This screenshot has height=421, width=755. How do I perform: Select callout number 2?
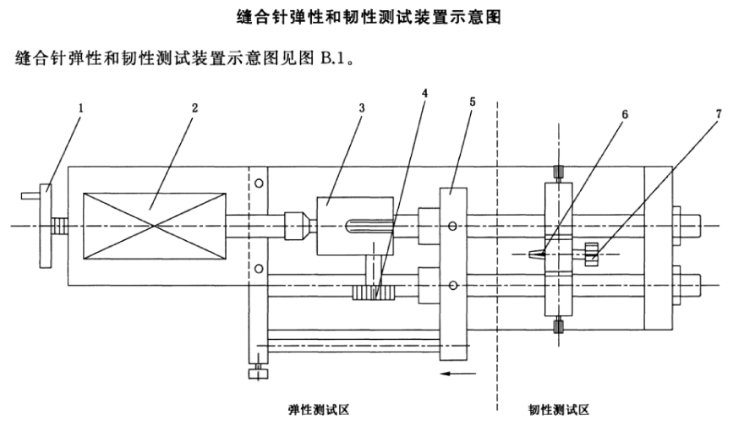pos(194,109)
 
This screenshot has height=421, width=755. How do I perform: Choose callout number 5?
pos(472,101)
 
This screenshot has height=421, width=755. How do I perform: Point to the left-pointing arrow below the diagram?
pos(457,371)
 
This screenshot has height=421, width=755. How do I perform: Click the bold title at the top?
pos(377,16)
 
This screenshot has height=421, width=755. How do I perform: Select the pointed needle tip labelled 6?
pos(535,252)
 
